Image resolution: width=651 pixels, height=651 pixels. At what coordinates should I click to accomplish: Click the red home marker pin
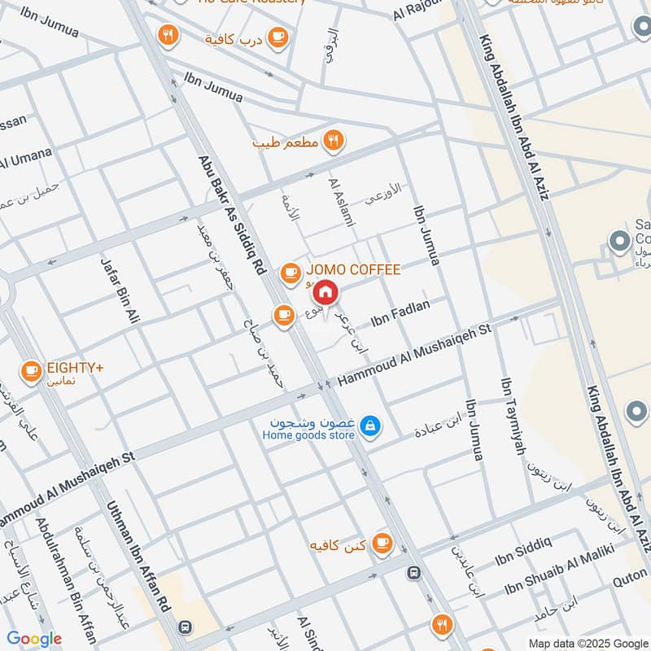click(x=325, y=291)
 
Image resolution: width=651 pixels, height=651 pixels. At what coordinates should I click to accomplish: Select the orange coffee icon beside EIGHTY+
click(x=31, y=371)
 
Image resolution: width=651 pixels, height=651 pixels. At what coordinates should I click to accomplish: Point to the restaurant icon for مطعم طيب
click(x=332, y=141)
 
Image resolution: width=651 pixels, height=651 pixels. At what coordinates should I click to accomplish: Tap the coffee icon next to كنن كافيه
click(x=381, y=543)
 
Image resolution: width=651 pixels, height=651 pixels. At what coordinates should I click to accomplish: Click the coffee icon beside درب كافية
click(x=277, y=36)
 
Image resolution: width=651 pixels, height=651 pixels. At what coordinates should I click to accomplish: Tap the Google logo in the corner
click(x=34, y=639)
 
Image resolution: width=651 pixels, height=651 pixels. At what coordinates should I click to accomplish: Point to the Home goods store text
click(x=308, y=435)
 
